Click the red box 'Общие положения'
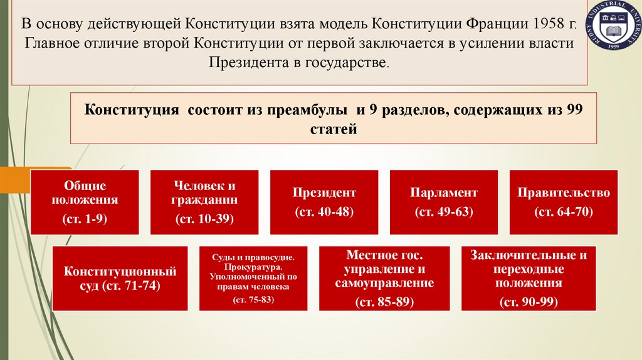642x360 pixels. click(x=85, y=202)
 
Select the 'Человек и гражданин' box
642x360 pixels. click(x=204, y=202)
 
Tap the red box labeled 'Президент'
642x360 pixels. click(x=324, y=202)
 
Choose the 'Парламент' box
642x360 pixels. click(x=444, y=202)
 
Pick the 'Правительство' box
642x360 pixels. click(x=563, y=202)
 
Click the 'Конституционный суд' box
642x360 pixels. click(x=120, y=278)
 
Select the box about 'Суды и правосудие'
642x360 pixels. click(x=253, y=278)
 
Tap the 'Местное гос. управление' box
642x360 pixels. click(x=384, y=278)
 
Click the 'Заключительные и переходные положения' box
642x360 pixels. click(x=529, y=278)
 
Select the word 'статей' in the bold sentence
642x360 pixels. click(x=333, y=130)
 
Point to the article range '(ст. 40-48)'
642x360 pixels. click(x=324, y=212)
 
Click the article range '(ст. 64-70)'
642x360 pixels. click(x=563, y=212)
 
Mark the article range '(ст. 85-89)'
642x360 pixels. click(x=384, y=302)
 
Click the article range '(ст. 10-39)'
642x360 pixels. click(x=204, y=219)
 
